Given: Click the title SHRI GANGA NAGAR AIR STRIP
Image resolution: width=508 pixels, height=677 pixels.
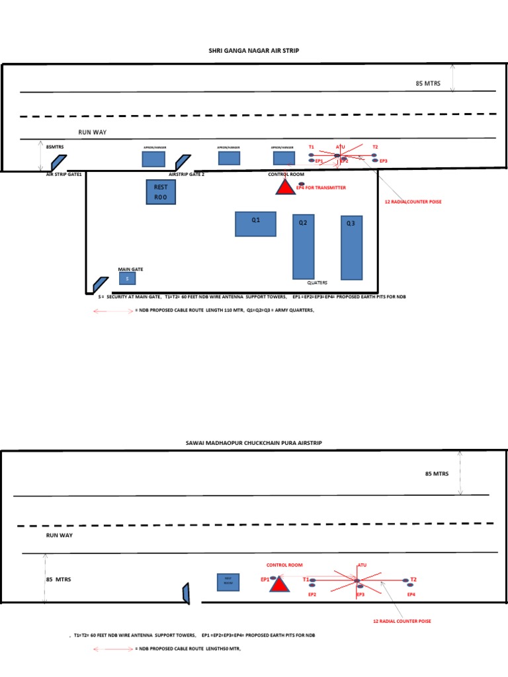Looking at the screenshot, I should tap(254, 50).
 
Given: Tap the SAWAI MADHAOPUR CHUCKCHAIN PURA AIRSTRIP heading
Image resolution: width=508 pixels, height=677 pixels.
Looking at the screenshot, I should tap(254, 442).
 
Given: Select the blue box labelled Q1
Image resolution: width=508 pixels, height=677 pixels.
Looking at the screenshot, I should tap(255, 223).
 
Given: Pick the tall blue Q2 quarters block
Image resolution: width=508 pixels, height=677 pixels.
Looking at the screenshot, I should tap(303, 246).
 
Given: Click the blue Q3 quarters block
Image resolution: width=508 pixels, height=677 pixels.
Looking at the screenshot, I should tap(351, 247).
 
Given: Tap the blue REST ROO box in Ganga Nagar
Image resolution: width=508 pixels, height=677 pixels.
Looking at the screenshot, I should tap(161, 192).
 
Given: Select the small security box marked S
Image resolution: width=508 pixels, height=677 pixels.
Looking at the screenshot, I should tap(127, 279).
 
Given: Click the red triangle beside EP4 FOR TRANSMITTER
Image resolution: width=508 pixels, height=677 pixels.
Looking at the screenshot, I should tap(285, 186).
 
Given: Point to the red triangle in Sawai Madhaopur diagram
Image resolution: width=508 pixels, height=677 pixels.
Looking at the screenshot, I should tap(280, 584).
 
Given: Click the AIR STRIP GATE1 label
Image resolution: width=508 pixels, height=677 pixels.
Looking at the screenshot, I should tap(63, 174).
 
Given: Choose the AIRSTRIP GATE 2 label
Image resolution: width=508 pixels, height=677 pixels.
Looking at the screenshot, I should tap(187, 174).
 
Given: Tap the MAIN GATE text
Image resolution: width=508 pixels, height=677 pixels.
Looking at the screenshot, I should tap(130, 269).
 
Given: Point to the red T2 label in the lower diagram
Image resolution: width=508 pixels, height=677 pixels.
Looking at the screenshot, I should tap(413, 578).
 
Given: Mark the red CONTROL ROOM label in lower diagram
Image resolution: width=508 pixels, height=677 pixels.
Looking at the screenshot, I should tap(284, 565).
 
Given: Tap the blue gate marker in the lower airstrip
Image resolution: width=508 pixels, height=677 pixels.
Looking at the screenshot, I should tap(187, 593).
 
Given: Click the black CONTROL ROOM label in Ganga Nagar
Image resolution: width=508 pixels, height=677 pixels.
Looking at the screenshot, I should tap(286, 174).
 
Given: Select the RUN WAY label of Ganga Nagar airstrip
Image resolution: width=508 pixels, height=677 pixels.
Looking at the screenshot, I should tap(92, 132).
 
